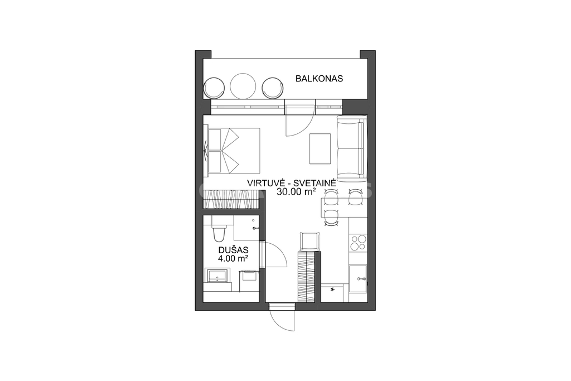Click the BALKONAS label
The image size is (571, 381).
pos(319,78)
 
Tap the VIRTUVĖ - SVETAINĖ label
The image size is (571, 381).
pos(291,183)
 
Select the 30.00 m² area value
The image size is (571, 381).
pos(296,191)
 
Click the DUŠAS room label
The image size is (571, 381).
pos(233,250)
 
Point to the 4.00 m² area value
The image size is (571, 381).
pos(233,259)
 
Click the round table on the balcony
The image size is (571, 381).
pos(243,86)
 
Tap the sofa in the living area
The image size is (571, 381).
pos(351,148)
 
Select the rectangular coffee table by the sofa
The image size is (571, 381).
pos(320,148)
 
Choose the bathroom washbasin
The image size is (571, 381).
pos(217,276)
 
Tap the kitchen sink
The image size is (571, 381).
pos(358,279)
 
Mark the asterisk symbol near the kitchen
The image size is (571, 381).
pos(332,290)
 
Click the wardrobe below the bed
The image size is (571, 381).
pos(231,199)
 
